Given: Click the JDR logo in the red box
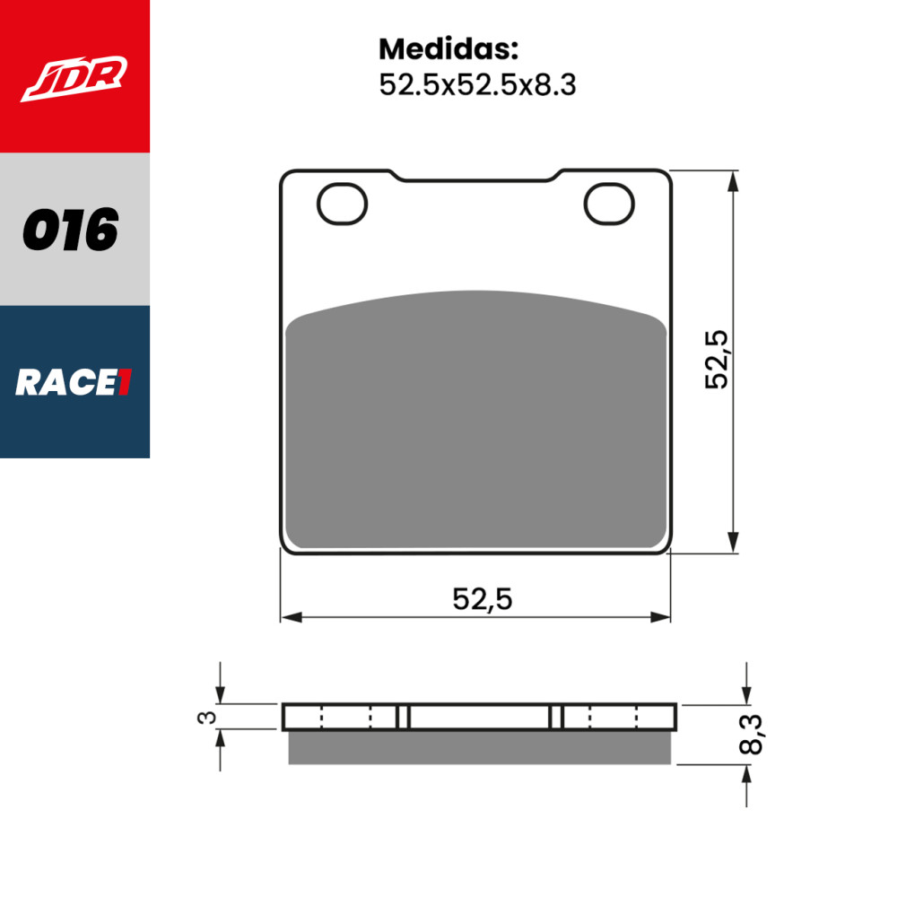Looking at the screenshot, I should [x=74, y=79].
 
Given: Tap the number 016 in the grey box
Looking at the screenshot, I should [x=71, y=231].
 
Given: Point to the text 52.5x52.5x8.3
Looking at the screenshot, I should [x=476, y=85].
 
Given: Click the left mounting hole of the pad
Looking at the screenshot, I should [x=343, y=204].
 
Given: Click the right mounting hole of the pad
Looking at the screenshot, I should [x=609, y=204].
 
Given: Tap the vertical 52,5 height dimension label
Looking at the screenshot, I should [x=718, y=359].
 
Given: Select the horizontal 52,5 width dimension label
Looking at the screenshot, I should [x=482, y=598].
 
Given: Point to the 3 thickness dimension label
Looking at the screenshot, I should [x=207, y=717].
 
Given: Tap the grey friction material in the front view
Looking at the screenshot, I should [x=475, y=422].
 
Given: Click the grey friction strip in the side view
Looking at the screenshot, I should [x=479, y=747].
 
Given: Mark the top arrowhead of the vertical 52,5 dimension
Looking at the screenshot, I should [x=735, y=179].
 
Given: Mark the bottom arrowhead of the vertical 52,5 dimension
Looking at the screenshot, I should [x=735, y=543].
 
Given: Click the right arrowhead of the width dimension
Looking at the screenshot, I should [x=661, y=617].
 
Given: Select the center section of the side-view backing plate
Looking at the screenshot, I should [x=480, y=717].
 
